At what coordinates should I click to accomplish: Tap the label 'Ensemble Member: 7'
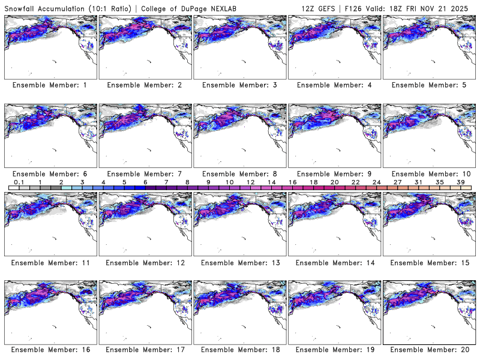pos(145,173)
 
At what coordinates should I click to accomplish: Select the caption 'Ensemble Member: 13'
pos(239,262)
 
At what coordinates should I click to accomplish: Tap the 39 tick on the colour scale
pos(461,182)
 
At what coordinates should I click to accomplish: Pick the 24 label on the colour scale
pos(376,182)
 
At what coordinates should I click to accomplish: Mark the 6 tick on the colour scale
pos(145,182)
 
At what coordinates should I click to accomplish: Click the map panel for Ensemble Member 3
pos(239,46)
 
